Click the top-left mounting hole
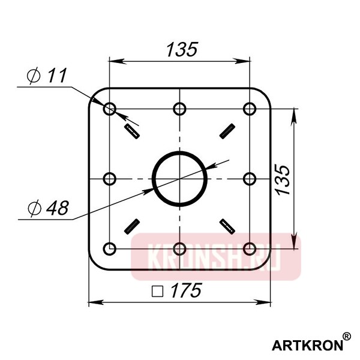click(x=110, y=109)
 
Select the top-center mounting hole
click(x=179, y=109)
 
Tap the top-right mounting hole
click(x=250, y=109)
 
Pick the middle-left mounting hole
click(x=110, y=179)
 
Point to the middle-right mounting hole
click(x=250, y=179)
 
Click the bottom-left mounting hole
click(x=110, y=248)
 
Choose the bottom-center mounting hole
click(x=179, y=248)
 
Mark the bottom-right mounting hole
click(x=250, y=248)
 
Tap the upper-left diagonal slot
click(x=131, y=130)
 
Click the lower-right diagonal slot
click(x=227, y=226)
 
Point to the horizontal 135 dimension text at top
click(x=180, y=49)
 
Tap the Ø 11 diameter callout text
click(x=47, y=76)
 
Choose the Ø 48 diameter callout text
click(x=48, y=208)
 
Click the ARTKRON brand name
click(x=307, y=345)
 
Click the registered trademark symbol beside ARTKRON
click(x=347, y=337)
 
